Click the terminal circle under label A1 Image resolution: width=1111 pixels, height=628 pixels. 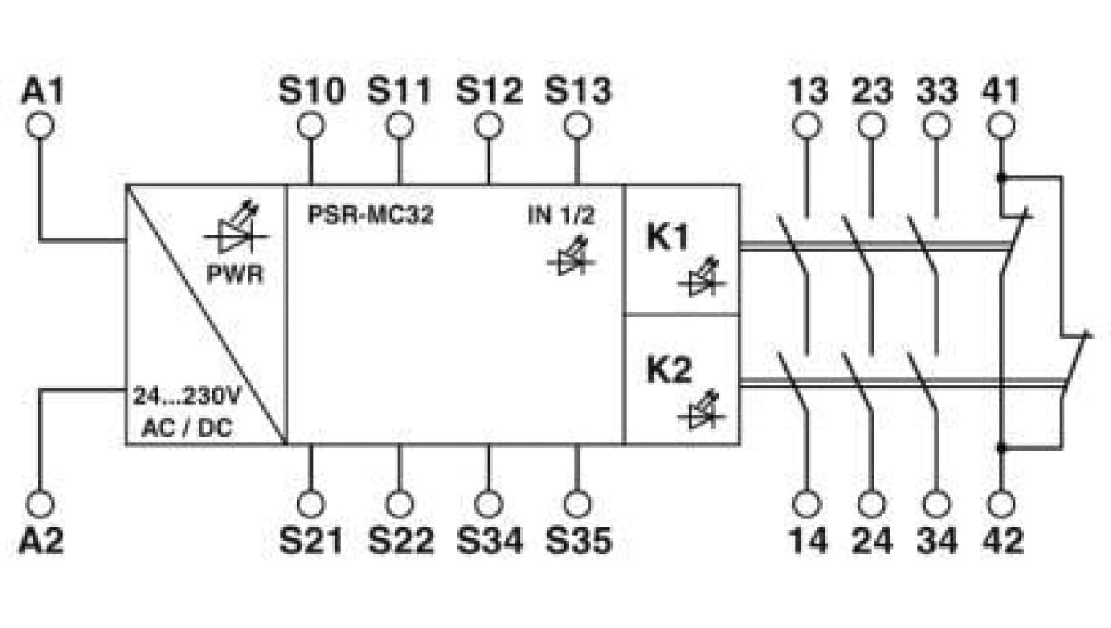pyautogui.click(x=40, y=125)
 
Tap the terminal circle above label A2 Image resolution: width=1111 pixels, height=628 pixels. pyautogui.click(x=40, y=505)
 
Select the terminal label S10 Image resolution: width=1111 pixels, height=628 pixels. pyautogui.click(x=311, y=90)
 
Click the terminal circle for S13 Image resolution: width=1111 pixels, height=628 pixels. pyautogui.click(x=578, y=125)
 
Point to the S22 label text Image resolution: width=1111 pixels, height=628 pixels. pyautogui.click(x=401, y=541)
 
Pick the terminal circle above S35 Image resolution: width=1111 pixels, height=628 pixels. pyautogui.click(x=578, y=505)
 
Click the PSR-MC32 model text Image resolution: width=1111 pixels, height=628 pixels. pyautogui.click(x=371, y=214)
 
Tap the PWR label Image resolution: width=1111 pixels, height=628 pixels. pyautogui.click(x=234, y=275)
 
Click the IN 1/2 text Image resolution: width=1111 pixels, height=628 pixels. pyautogui.click(x=561, y=215)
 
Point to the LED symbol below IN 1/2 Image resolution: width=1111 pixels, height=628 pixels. pyautogui.click(x=571, y=256)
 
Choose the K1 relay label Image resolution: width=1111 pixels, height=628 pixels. pyautogui.click(x=667, y=237)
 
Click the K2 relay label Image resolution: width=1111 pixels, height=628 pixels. pyautogui.click(x=668, y=370)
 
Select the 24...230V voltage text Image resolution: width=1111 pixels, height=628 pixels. pyautogui.click(x=186, y=397)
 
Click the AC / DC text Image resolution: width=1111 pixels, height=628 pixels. pyautogui.click(x=187, y=428)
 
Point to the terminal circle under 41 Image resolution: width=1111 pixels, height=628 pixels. pyautogui.click(x=1002, y=125)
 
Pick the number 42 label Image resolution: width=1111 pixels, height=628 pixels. pyautogui.click(x=1002, y=541)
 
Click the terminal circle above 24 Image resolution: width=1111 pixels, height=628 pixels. pyautogui.click(x=872, y=505)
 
